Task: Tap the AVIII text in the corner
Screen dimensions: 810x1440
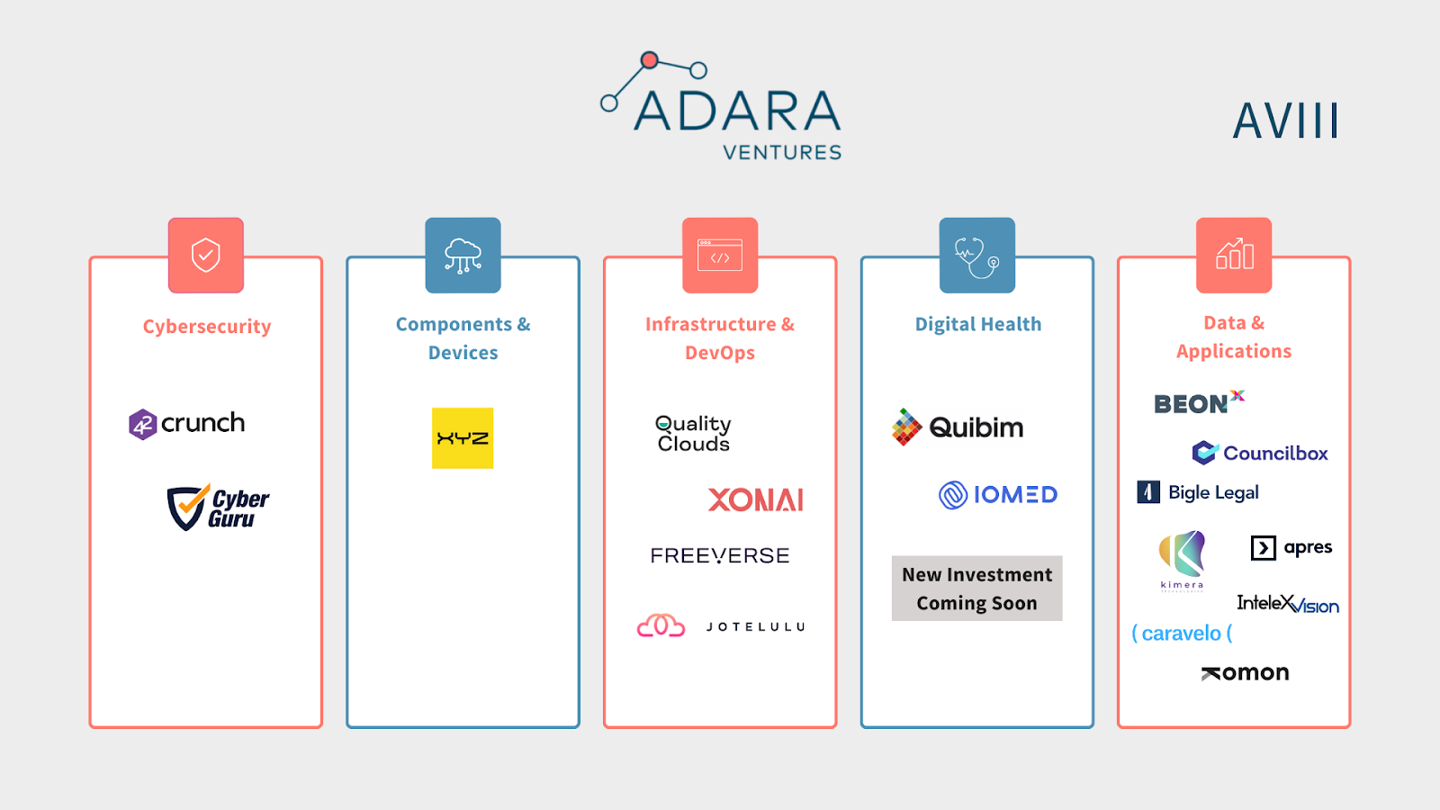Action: point(1285,121)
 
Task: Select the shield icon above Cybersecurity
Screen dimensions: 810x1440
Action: point(206,255)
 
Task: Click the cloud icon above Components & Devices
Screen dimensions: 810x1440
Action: point(463,255)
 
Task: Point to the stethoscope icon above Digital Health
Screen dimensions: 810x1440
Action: point(976,255)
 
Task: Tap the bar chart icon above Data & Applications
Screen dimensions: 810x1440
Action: point(1234,255)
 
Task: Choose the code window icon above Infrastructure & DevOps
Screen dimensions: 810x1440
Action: point(720,255)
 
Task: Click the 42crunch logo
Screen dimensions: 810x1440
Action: point(187,423)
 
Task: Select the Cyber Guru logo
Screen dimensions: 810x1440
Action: point(218,508)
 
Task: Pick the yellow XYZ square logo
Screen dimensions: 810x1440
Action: point(463,438)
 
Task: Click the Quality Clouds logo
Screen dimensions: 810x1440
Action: point(693,433)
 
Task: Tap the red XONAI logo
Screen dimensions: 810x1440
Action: point(755,499)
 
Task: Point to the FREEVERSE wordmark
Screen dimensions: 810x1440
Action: point(720,556)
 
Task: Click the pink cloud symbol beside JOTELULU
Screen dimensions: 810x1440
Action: point(661,625)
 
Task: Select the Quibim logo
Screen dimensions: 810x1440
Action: point(958,427)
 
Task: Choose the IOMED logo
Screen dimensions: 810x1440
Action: point(998,494)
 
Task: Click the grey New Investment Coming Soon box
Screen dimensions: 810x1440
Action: point(976,589)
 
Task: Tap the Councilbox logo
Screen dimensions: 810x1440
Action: point(1260,453)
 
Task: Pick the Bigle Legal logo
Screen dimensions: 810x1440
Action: point(1198,492)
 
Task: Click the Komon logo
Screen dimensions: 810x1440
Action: point(1245,672)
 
